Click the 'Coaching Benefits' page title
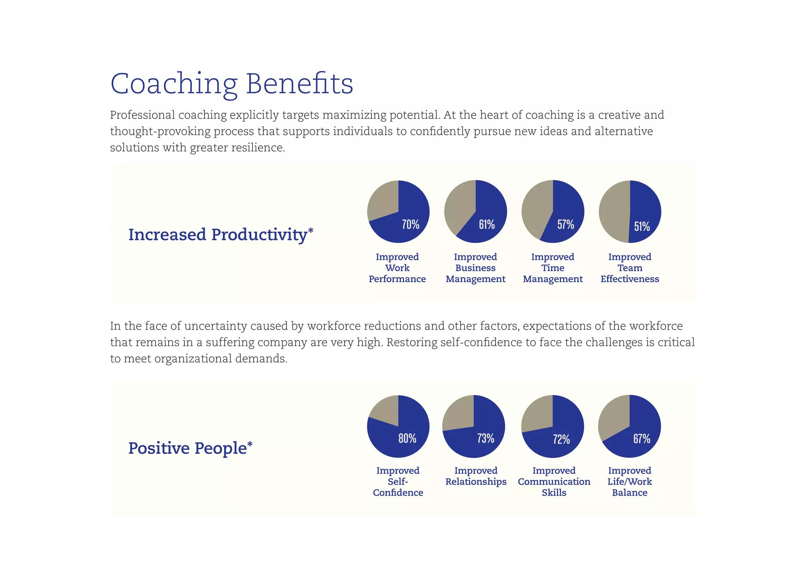(232, 84)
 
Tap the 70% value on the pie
(410, 224)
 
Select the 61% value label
(487, 224)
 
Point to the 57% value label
(565, 224)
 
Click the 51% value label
(642, 226)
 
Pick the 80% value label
(407, 438)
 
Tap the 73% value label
(485, 438)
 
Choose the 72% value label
(561, 439)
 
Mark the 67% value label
(642, 438)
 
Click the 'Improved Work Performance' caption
(397, 268)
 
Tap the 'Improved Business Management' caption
(475, 268)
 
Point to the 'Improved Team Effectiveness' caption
(630, 268)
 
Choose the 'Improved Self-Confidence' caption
(398, 481)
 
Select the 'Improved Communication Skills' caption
(554, 481)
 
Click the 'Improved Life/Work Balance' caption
(630, 481)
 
